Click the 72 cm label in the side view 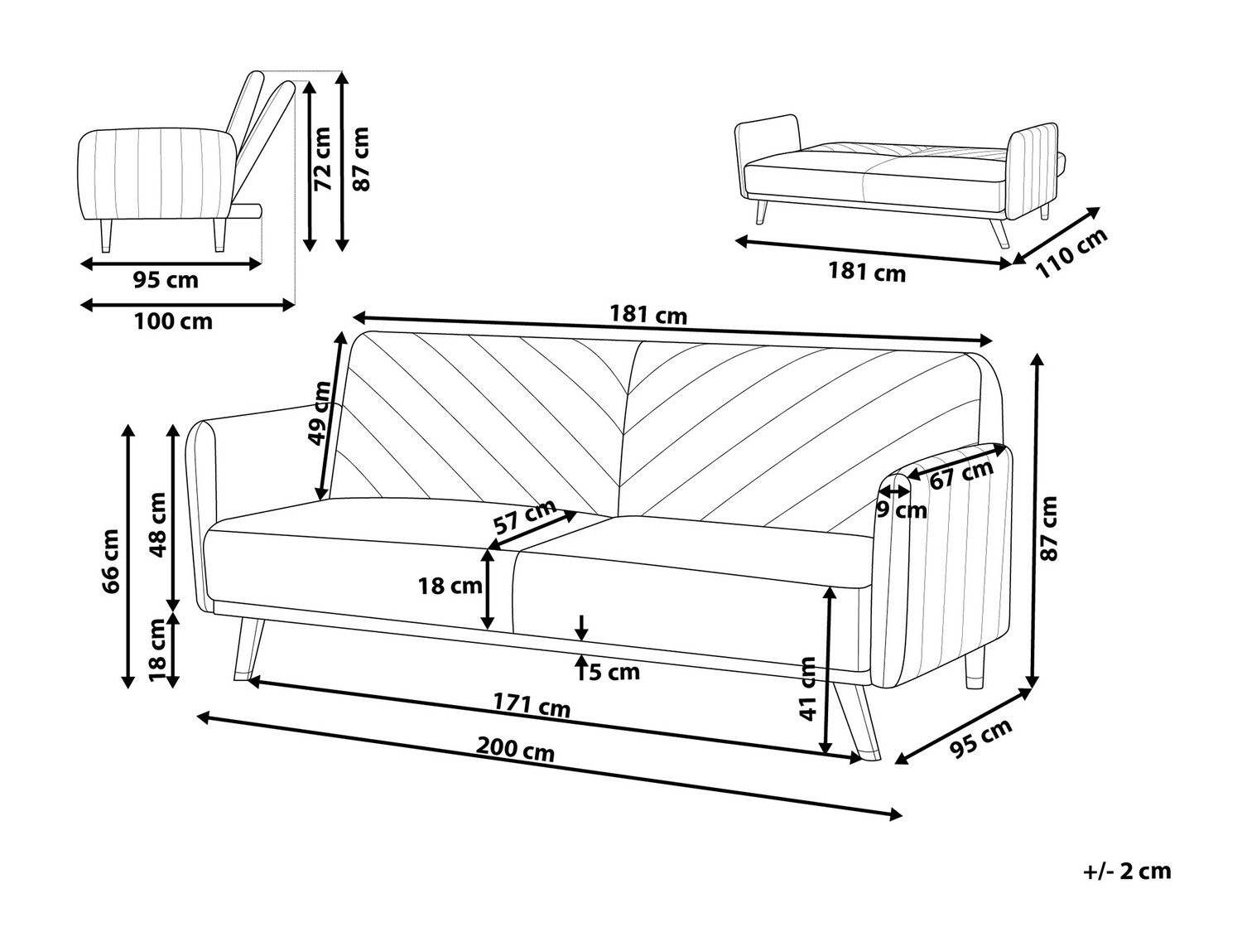click(322, 159)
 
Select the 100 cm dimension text click(173, 321)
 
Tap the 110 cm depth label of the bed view click(1071, 253)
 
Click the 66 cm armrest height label click(111, 561)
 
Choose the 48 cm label click(156, 524)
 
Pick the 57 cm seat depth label click(524, 518)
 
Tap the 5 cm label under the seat click(614, 672)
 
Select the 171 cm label click(532, 705)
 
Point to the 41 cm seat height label click(808, 688)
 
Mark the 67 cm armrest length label click(960, 475)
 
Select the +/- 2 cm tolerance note click(1127, 871)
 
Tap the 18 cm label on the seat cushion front click(450, 587)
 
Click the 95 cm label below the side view click(166, 280)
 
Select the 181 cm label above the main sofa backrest click(648, 315)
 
